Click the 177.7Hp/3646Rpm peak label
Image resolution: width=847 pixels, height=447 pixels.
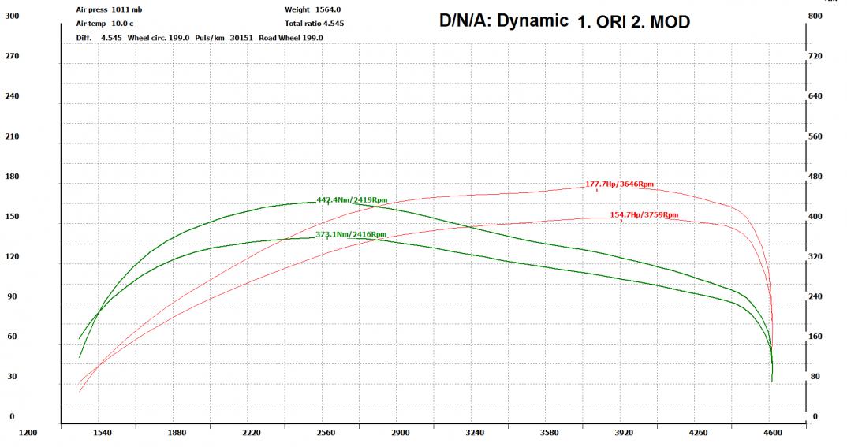pos(619,184)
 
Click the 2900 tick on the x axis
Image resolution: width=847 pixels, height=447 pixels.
pos(400,433)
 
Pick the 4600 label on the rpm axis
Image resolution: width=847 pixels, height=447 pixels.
pos(773,433)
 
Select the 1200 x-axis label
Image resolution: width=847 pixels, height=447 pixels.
pos(28,433)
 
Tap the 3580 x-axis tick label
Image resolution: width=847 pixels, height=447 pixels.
pos(550,433)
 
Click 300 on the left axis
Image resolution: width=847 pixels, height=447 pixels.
pos(12,15)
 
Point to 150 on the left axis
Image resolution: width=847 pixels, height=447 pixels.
pos(12,217)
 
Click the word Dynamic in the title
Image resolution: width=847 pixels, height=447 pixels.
pos(535,21)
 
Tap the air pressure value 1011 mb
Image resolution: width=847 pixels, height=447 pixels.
pos(127,10)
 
